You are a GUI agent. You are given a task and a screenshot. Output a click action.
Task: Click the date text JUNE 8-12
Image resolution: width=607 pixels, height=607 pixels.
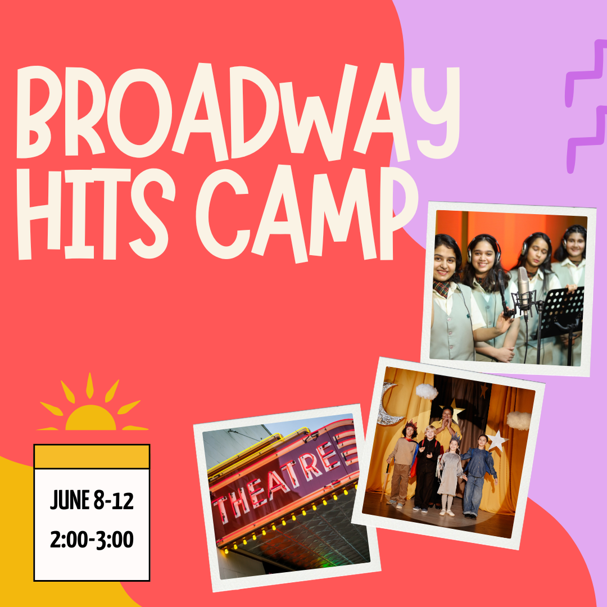[92, 500]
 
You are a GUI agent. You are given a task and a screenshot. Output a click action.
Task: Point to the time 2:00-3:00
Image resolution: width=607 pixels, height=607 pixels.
[92, 540]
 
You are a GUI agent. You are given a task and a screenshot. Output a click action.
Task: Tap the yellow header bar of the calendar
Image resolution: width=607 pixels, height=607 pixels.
[92, 457]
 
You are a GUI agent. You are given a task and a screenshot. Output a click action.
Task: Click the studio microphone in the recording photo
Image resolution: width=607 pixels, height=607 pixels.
[523, 287]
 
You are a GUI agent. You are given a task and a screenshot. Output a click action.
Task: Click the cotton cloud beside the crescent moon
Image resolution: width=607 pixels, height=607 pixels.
[427, 391]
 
